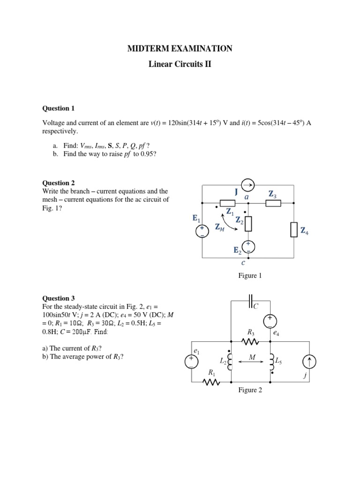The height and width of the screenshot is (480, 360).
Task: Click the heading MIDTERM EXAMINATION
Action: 180,48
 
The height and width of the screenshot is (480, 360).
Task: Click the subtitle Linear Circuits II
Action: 180,64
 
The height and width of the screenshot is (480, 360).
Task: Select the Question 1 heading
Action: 59,108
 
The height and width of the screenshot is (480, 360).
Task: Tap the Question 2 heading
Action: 59,183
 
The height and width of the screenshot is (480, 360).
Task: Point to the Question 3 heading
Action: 59,298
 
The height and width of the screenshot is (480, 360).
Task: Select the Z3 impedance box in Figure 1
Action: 273,203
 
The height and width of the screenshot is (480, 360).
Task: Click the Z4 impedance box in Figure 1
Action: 293,230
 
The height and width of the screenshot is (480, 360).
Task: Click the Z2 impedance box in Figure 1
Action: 248,224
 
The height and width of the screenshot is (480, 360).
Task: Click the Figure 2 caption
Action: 250,390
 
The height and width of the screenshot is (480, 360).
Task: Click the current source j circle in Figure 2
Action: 310,361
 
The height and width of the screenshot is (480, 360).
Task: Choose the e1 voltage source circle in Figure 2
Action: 193,361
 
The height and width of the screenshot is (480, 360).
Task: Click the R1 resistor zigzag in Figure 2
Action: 212,382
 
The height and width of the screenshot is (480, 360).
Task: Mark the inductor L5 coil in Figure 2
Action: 272,361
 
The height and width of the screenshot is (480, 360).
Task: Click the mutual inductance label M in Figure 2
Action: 252,357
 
